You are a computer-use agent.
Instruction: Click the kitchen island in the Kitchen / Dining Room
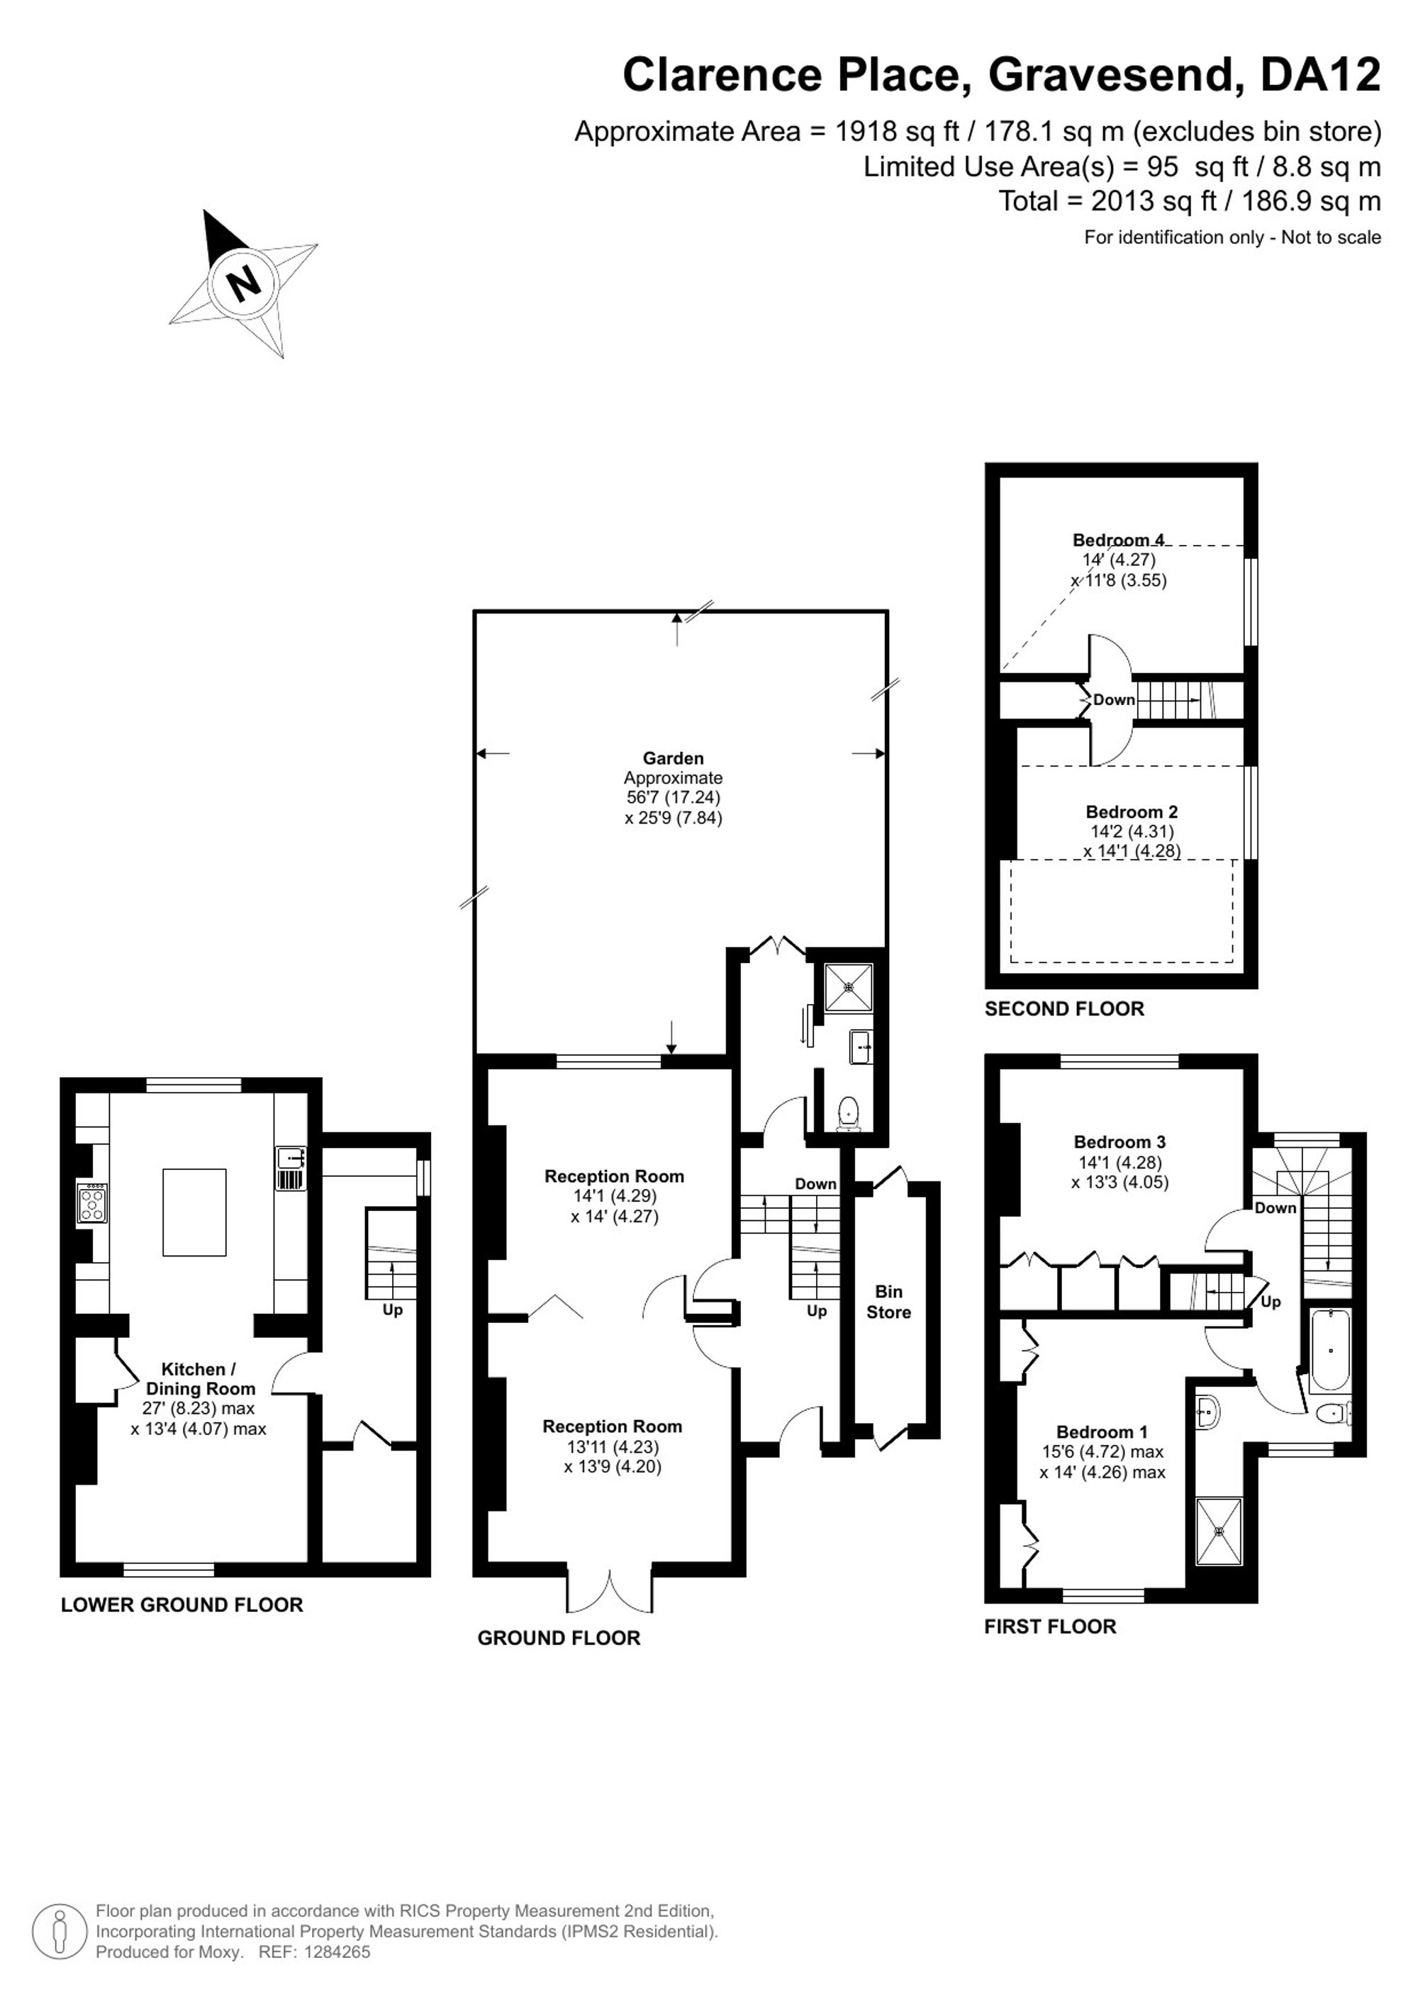click(195, 1212)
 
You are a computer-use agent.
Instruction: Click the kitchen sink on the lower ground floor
click(290, 1169)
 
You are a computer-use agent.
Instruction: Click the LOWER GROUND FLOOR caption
click(182, 1604)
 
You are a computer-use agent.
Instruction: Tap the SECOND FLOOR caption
click(1064, 1009)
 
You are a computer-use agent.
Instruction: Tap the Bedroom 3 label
click(1120, 1142)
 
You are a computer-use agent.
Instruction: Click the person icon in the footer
click(60, 1932)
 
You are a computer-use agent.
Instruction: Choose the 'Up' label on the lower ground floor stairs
click(392, 1310)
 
